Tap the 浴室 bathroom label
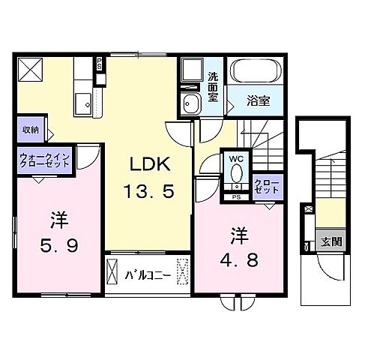259,99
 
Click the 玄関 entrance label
331,241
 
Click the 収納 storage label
29,130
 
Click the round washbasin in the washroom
190,103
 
